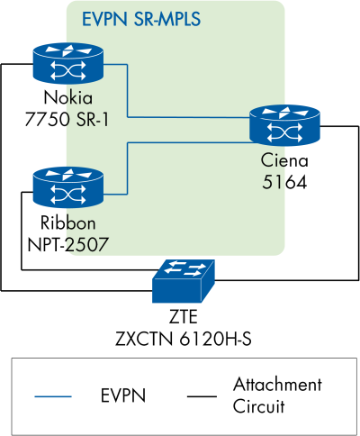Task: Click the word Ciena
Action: pyautogui.click(x=284, y=162)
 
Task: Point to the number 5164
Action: pyautogui.click(x=284, y=182)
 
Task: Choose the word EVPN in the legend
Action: pyautogui.click(x=125, y=395)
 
